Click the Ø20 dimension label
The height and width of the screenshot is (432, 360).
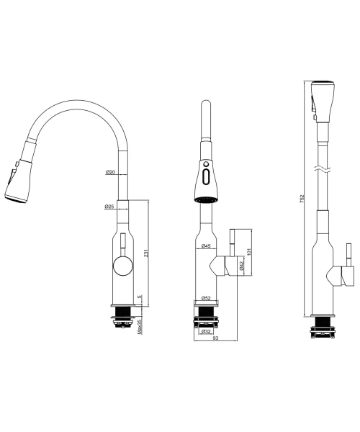point(110,172)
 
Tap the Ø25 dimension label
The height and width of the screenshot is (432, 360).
point(109,207)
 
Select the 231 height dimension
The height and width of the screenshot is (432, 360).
point(146,253)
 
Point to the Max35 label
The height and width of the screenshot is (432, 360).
point(140,327)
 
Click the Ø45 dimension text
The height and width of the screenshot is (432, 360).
point(206,246)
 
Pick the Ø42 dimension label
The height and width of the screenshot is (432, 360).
point(242,266)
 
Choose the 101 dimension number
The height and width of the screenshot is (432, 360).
point(250,252)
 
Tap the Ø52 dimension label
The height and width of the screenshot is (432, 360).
point(206,298)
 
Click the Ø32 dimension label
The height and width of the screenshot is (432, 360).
point(206,331)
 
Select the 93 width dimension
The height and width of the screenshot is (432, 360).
point(216,338)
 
